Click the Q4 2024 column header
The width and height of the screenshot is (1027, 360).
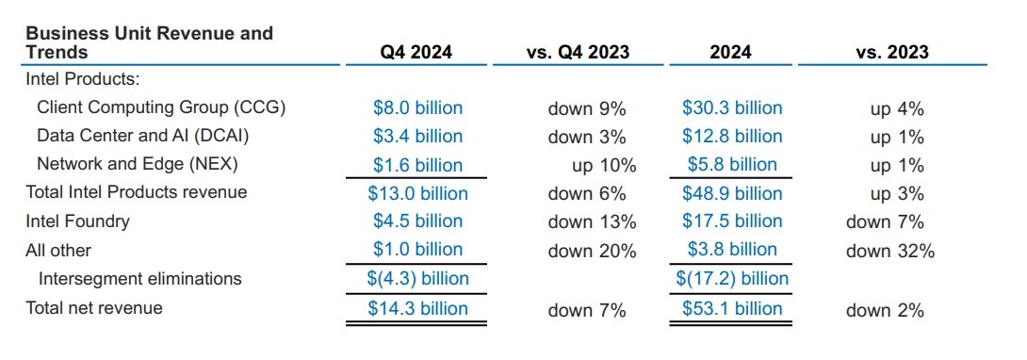click(x=417, y=53)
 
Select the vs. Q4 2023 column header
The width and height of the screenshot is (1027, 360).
click(x=577, y=53)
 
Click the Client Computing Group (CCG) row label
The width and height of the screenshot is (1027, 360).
click(x=161, y=107)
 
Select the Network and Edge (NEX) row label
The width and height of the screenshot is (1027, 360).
click(x=138, y=164)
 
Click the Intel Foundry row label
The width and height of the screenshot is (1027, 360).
click(x=77, y=221)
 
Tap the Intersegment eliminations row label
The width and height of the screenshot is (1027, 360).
click(x=140, y=279)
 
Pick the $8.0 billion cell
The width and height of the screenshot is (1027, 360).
click(x=417, y=108)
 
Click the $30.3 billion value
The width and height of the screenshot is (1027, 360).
click(x=732, y=108)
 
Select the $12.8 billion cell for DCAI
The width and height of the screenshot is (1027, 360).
click(x=732, y=137)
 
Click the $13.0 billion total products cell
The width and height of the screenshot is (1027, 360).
click(x=417, y=194)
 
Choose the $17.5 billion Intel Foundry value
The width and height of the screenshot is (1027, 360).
click(x=732, y=221)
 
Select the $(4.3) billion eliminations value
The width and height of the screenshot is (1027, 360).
click(x=417, y=279)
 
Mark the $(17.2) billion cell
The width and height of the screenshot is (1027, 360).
click(x=732, y=279)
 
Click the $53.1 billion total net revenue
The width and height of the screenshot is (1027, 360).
click(x=732, y=309)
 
